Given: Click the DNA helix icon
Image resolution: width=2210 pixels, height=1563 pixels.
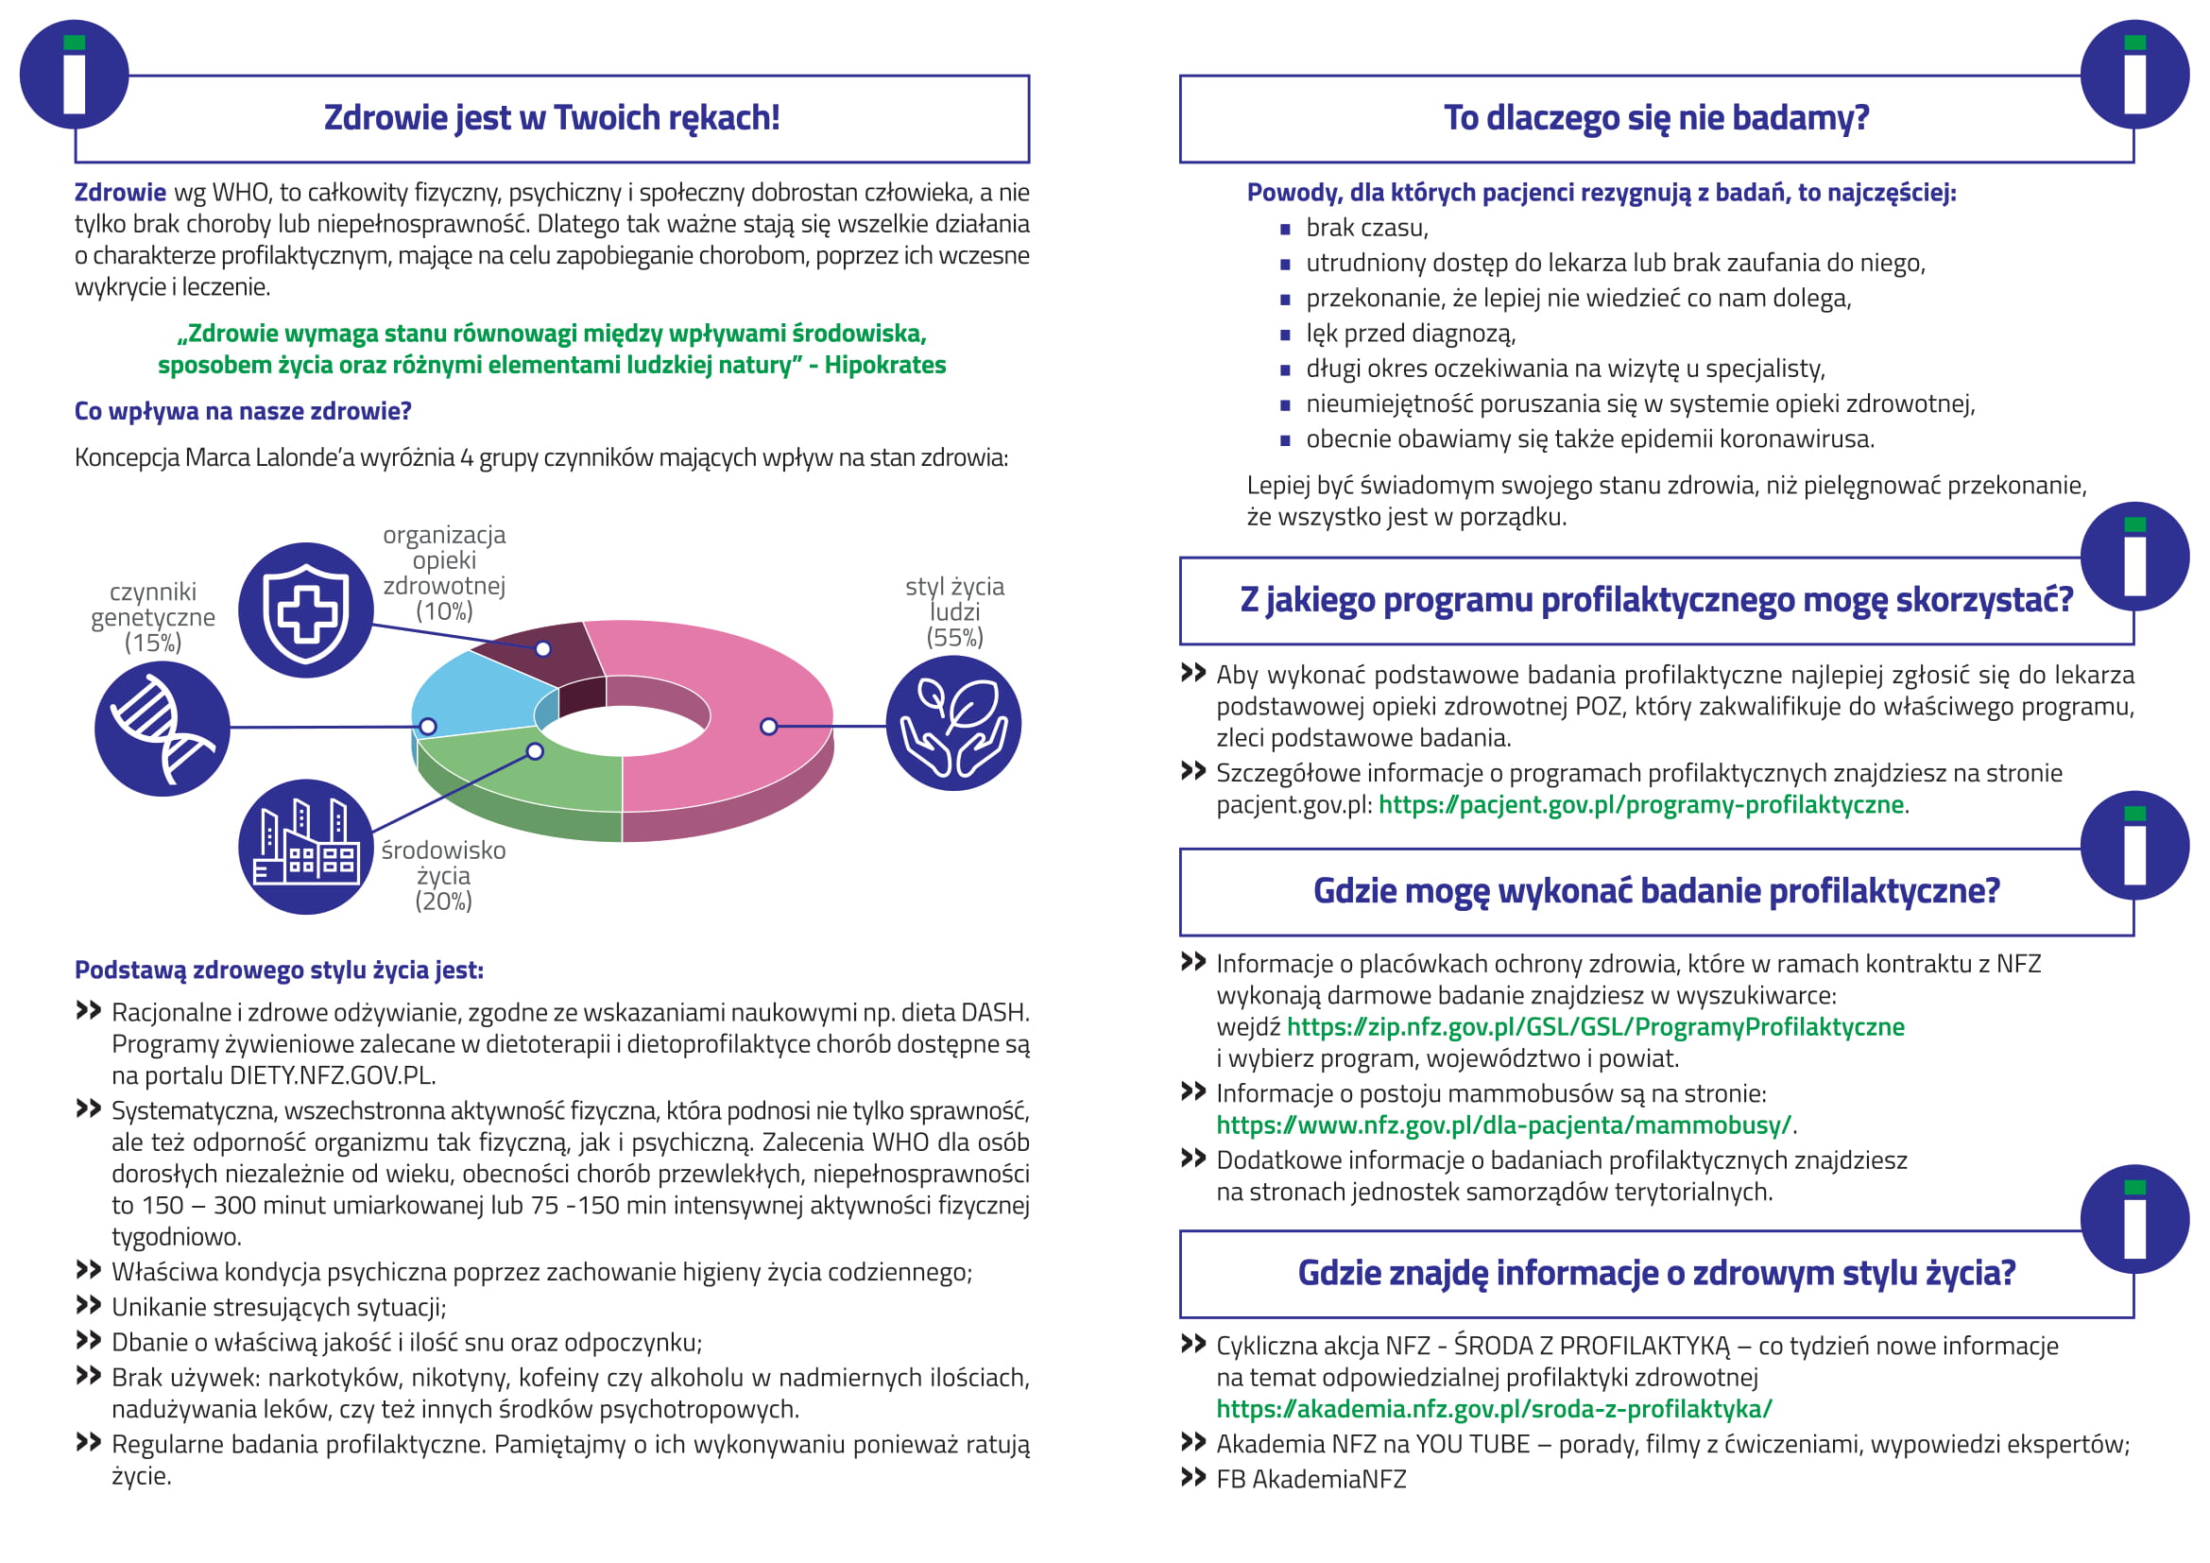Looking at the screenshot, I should tap(162, 728).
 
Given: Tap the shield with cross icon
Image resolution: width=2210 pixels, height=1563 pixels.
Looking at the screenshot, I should tap(306, 610).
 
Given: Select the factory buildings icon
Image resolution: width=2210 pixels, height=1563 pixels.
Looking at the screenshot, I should tap(306, 846).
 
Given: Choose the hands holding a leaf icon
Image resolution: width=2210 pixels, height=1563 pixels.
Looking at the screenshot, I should tap(953, 724).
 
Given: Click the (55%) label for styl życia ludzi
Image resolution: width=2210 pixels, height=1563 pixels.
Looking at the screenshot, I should tap(954, 638).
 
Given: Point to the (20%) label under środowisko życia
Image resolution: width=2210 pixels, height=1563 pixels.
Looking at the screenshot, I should tap(444, 902).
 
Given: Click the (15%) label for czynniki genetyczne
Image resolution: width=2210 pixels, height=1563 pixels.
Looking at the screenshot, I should tap(153, 643).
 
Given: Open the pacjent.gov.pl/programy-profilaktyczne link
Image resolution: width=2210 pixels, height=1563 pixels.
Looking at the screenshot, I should tap(1641, 804).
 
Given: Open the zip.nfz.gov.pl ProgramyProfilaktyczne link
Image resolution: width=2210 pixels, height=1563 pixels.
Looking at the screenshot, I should tap(1595, 1027).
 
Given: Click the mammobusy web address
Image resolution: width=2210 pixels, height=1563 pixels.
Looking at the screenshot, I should tap(1503, 1125).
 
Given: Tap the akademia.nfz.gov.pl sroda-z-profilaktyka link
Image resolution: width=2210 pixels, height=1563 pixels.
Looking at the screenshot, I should tap(1494, 1409).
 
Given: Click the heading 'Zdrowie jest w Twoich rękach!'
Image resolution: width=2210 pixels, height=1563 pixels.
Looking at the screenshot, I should tap(552, 118).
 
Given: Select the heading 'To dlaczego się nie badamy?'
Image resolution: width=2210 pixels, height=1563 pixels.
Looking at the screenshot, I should tap(1655, 118).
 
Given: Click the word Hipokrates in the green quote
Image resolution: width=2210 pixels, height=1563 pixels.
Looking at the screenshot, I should tap(884, 366).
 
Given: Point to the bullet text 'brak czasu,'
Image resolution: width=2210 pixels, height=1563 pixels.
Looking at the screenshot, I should tap(1367, 228).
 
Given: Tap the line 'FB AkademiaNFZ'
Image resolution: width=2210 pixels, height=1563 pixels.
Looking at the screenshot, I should tap(1311, 1479).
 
